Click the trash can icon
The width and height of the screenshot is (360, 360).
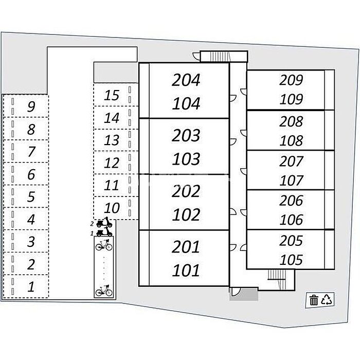pos(314,300)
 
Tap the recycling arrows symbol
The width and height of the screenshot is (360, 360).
pos(327,300)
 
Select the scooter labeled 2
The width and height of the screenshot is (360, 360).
pos(104,222)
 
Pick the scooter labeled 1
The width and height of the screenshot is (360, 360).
pos(104,232)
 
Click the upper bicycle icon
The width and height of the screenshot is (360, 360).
pos(104,245)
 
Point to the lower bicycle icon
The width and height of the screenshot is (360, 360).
pos(104,291)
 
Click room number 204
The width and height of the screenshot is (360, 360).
pos(186,80)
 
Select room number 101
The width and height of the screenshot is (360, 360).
pos(186,270)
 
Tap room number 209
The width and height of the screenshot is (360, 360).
pos(291,80)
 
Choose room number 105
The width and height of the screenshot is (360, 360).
pos(291,260)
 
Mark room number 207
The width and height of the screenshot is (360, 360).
pos(291,161)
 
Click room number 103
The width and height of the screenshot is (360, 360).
pos(186,159)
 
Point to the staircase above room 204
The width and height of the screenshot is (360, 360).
pos(220,57)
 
